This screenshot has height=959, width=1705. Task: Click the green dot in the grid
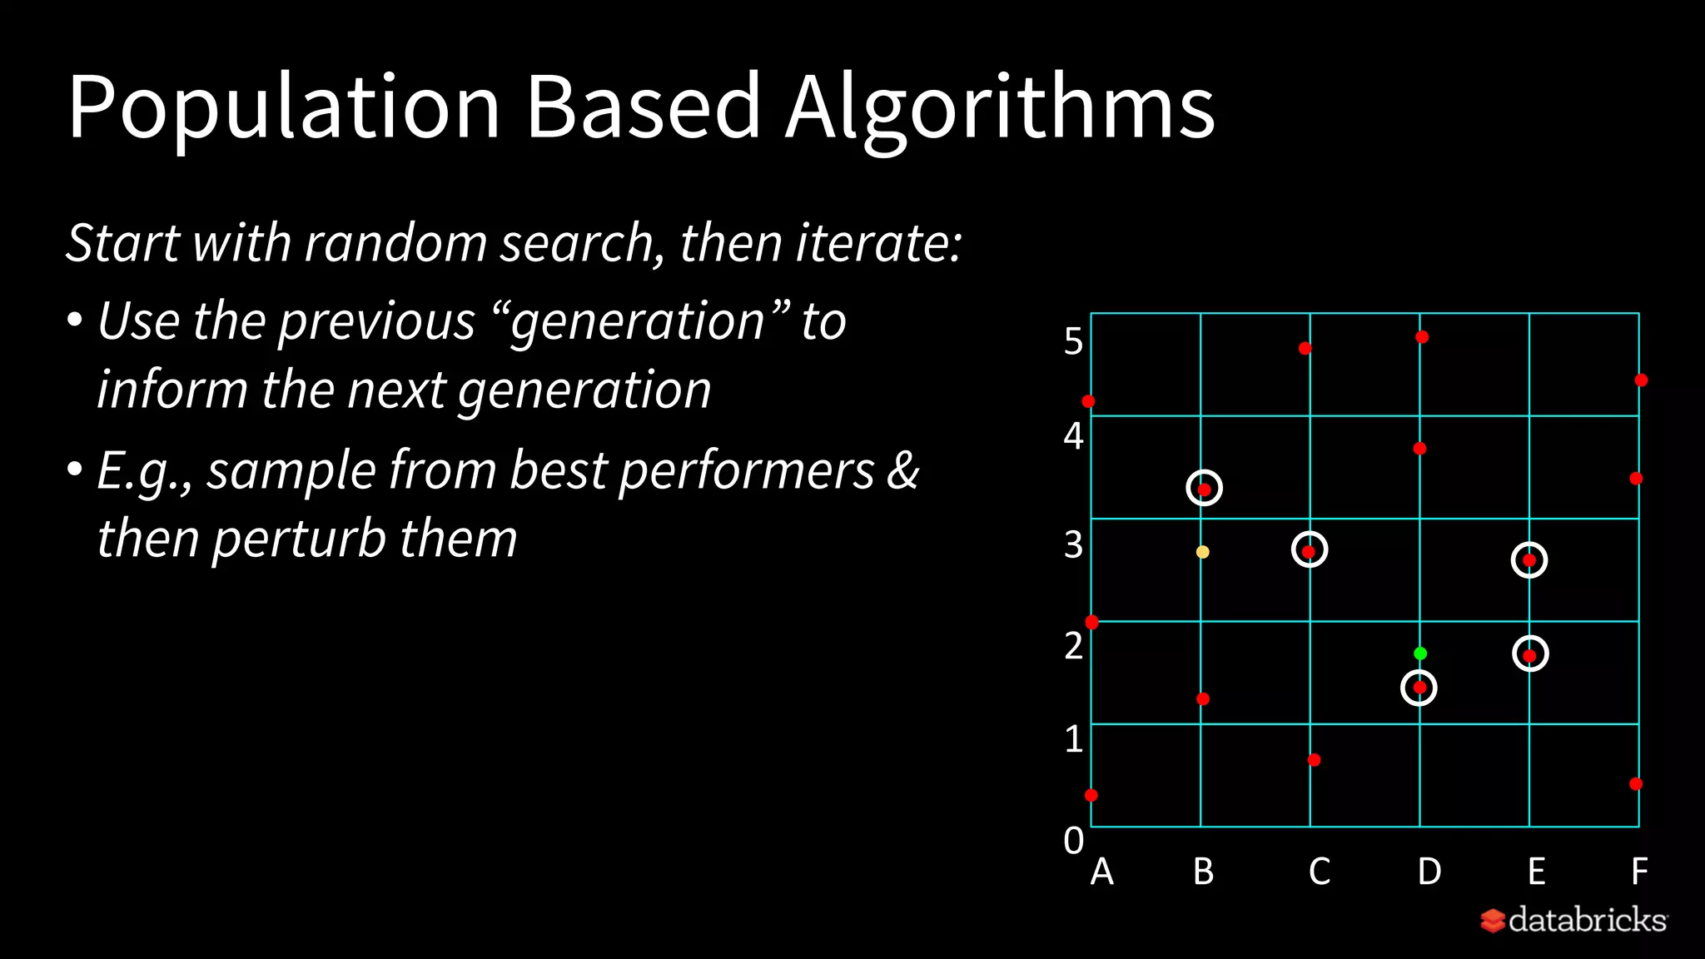click(x=1420, y=653)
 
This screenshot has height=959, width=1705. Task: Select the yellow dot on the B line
click(x=1202, y=552)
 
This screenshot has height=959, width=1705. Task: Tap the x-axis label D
click(x=1429, y=872)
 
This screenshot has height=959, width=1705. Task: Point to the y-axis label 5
click(x=1073, y=341)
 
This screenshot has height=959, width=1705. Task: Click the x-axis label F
click(x=1638, y=872)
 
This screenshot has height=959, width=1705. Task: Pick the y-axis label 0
click(x=1073, y=841)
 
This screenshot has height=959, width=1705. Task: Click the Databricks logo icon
click(x=1493, y=921)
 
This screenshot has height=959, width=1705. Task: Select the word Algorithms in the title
click(x=1000, y=107)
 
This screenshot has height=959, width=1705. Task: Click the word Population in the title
click(x=283, y=107)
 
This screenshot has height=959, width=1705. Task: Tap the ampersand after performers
click(x=902, y=470)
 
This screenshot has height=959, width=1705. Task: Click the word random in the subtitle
click(x=395, y=242)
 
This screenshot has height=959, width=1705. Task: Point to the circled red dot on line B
click(x=1204, y=489)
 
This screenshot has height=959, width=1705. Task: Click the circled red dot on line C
click(x=1309, y=550)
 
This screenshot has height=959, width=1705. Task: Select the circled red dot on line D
click(x=1419, y=688)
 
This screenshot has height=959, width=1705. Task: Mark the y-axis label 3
click(x=1073, y=544)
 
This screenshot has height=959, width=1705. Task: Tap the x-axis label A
click(x=1101, y=872)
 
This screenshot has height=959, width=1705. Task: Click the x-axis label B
click(x=1203, y=872)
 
